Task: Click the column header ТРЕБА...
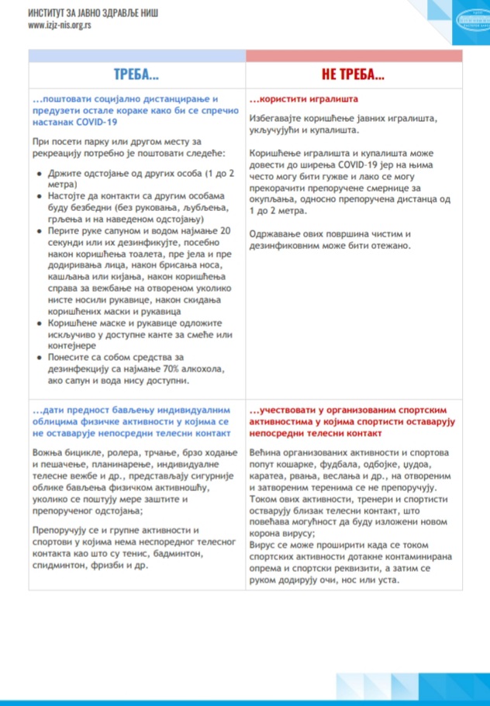pos(136,74)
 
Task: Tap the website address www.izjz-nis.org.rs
pos(60,25)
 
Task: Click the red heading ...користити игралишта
pos(303,100)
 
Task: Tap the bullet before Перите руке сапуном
pos(40,231)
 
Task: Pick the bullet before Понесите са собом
pos(40,358)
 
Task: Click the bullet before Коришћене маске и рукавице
pos(40,321)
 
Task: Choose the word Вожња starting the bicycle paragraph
pos(50,452)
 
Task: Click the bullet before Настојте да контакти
pos(40,198)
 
